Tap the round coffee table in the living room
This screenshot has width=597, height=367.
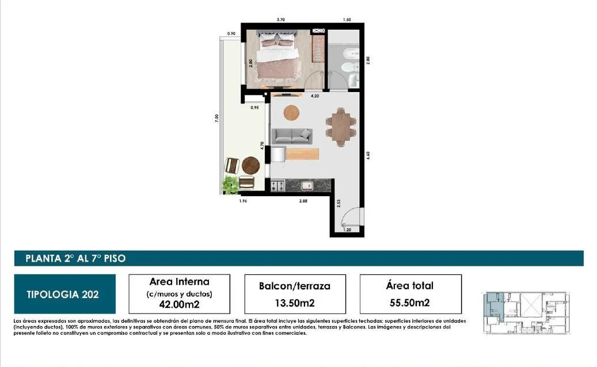click(291, 113)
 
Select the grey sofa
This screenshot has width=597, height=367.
click(292, 136)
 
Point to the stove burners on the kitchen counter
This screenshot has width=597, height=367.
click(277, 186)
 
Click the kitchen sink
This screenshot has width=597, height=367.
click(307, 186)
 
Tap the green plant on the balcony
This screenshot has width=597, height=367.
click(231, 185)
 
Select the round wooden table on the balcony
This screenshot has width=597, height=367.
click(251, 166)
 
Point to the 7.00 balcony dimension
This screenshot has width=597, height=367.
click(216, 118)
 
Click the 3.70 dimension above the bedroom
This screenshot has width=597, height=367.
click(280, 20)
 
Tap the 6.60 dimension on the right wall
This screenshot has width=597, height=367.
click(368, 155)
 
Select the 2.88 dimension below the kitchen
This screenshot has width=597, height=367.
click(303, 201)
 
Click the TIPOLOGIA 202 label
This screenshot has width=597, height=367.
click(63, 295)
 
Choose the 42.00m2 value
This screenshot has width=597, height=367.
click(179, 304)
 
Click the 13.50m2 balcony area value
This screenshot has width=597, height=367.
click(295, 303)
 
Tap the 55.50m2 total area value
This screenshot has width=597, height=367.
click(410, 303)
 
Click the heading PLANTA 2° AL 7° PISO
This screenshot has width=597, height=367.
click(75, 259)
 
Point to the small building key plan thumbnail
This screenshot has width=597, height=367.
click(527, 313)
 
